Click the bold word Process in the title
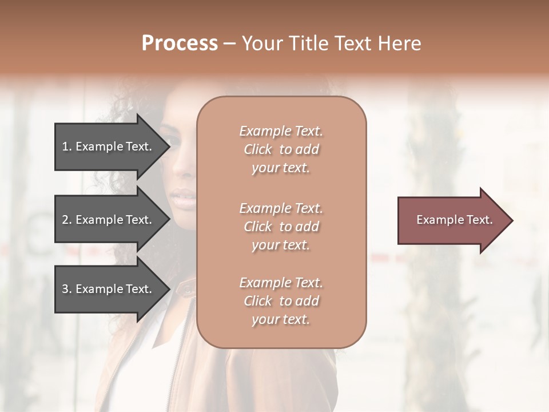tap(180, 43)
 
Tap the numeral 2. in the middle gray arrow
tap(67, 220)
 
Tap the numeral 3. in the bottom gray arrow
tap(67, 289)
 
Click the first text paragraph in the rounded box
tap(281, 149)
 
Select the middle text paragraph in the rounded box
tap(281, 227)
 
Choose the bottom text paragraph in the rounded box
tap(281, 301)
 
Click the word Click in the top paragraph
tap(258, 149)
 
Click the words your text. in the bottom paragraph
tap(281, 319)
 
